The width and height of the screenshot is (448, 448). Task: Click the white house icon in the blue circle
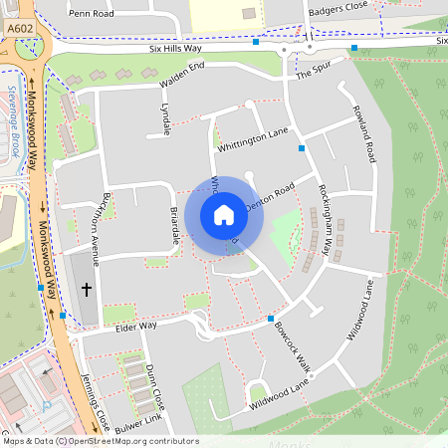(x=223, y=214)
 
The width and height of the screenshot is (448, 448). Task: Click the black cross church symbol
(x=86, y=290)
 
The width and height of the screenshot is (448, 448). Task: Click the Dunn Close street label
(x=154, y=382)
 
